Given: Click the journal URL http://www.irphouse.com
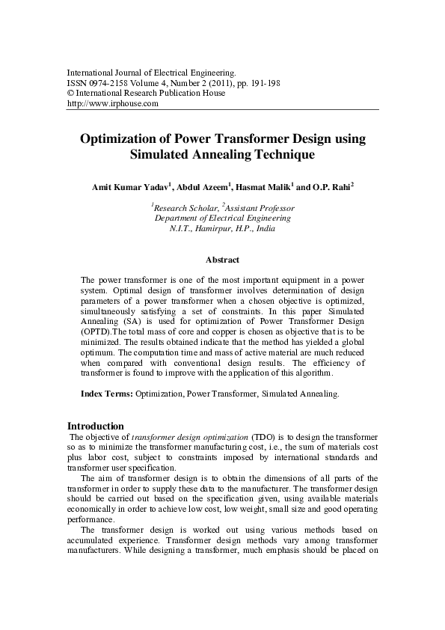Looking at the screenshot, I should click(x=113, y=104).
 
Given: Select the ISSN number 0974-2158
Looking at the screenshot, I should click(x=112, y=83).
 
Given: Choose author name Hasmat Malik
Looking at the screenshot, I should click(x=278, y=186).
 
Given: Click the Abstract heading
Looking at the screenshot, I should click(x=222, y=260).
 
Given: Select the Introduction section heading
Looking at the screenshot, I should click(x=96, y=426).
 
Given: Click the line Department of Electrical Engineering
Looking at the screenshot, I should click(x=222, y=218).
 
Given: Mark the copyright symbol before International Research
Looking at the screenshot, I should click(x=71, y=94).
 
